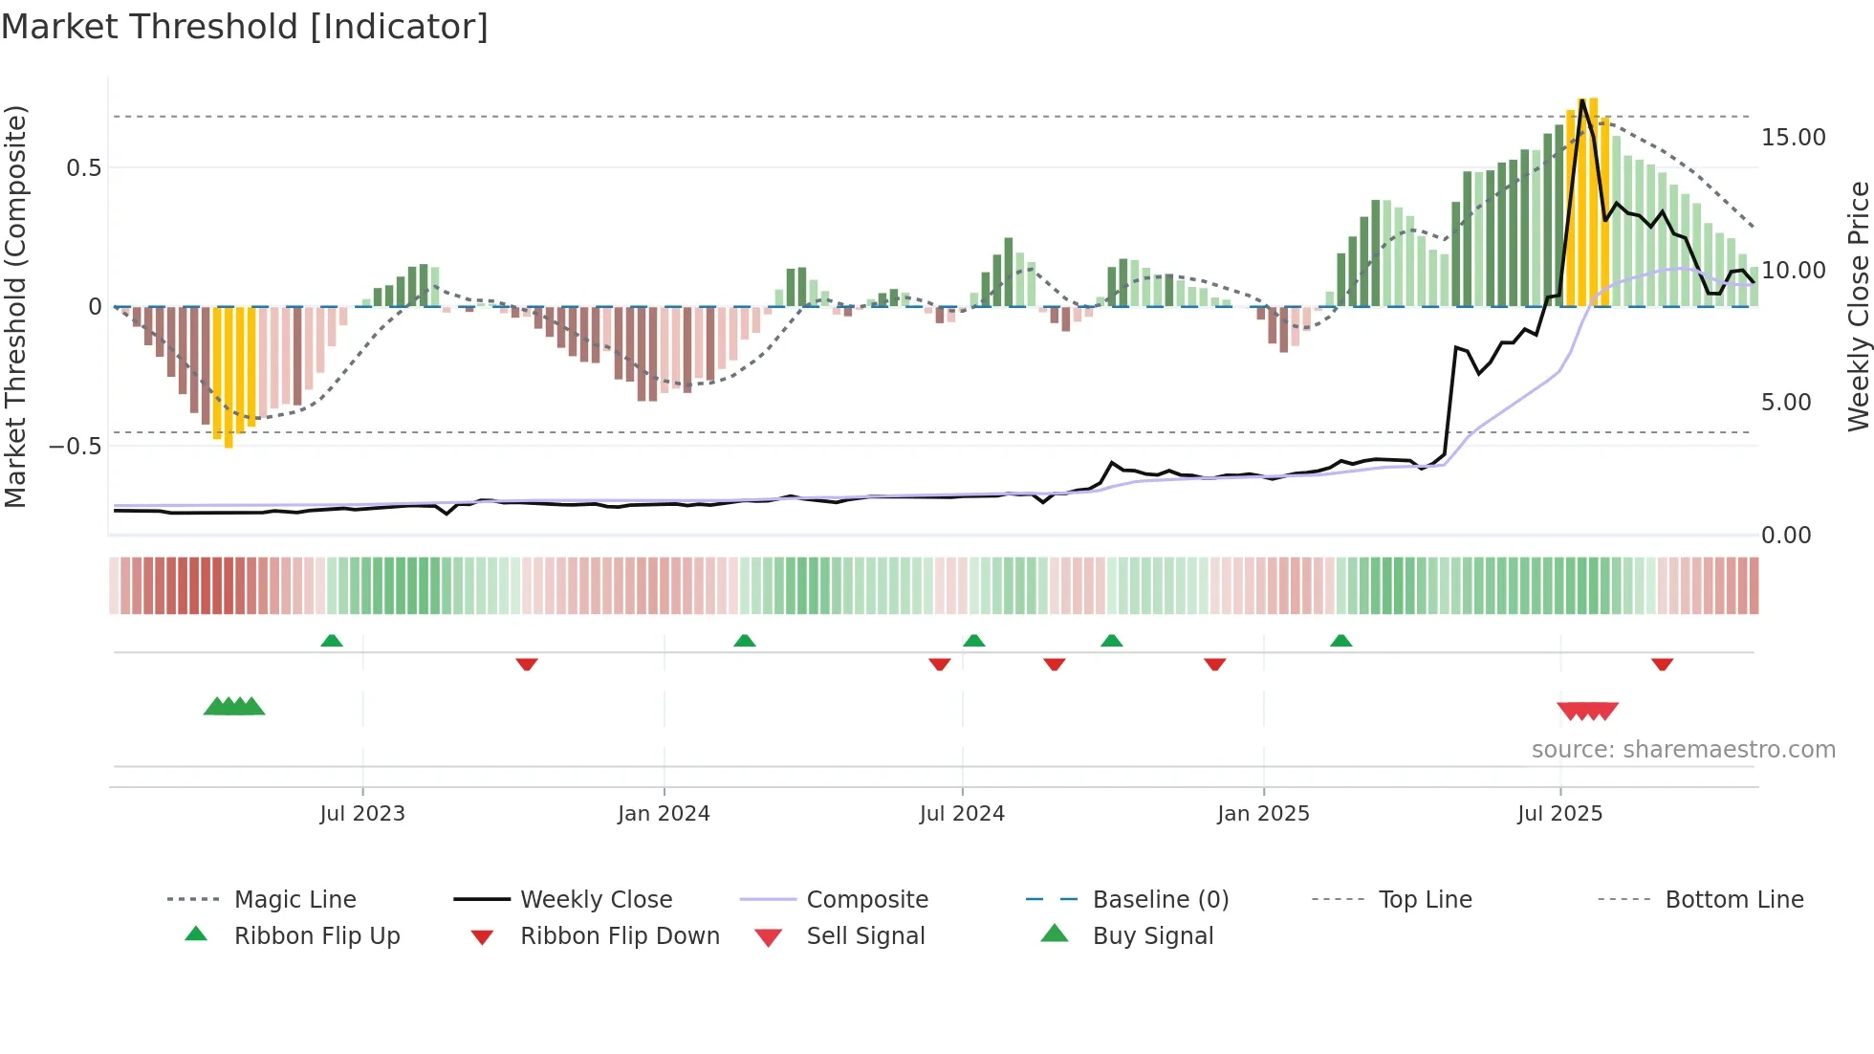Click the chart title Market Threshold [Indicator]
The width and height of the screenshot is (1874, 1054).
coord(245,27)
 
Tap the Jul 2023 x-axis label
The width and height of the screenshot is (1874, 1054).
coord(362,814)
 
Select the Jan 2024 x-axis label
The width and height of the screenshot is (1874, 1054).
coord(664,814)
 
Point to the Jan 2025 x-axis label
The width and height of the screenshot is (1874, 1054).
coord(1263,814)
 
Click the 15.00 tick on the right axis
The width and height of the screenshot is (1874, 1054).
coord(1793,138)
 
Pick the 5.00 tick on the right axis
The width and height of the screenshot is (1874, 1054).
coord(1786,403)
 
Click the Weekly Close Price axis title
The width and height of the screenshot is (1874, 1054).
coord(1858,306)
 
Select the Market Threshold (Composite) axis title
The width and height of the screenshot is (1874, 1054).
coord(15,306)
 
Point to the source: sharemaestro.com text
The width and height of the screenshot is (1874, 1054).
coord(1683,750)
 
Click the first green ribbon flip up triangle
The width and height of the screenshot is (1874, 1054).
coord(332,641)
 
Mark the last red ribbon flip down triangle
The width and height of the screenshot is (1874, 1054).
coord(1662,664)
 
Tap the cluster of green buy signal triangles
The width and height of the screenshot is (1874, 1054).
coord(234,707)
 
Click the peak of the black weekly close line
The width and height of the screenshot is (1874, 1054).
coord(1582,100)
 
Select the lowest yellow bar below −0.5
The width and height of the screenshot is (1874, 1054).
coord(229,442)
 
